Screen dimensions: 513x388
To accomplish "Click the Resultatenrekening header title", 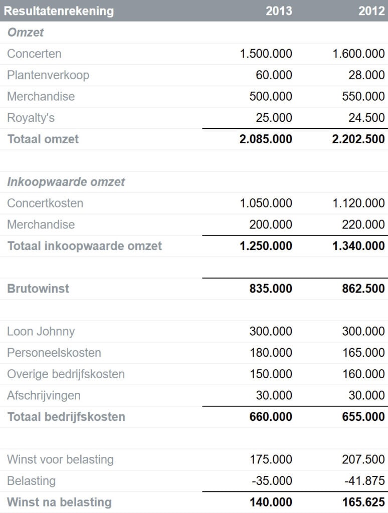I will click(x=59, y=11).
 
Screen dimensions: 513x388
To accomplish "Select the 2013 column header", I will click(x=279, y=11).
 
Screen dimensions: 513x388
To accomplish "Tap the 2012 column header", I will click(x=371, y=11).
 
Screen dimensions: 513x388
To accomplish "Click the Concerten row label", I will click(x=34, y=54).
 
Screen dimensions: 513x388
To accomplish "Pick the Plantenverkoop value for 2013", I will click(x=274, y=75).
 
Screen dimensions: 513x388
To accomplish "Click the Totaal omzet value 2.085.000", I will click(x=266, y=139).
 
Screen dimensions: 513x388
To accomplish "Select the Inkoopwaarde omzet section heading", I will click(x=66, y=182).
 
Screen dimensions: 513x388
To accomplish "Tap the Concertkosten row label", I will click(x=45, y=203).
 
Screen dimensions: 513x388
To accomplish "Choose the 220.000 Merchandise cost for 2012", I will click(x=363, y=224).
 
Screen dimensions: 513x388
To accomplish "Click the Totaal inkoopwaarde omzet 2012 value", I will click(x=358, y=246).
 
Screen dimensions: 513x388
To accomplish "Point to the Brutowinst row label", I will click(x=38, y=289).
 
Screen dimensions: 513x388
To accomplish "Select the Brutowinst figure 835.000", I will click(x=271, y=289).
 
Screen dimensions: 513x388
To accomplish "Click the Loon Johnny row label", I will click(x=41, y=332).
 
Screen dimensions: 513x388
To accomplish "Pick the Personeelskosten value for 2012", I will click(x=363, y=353).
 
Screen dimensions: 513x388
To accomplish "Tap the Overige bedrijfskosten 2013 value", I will click(x=271, y=374).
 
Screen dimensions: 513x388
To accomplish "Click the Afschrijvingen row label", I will click(x=44, y=396).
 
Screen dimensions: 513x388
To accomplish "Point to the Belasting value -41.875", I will click(x=364, y=481).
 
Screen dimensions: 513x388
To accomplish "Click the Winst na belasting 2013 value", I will click(x=271, y=502).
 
